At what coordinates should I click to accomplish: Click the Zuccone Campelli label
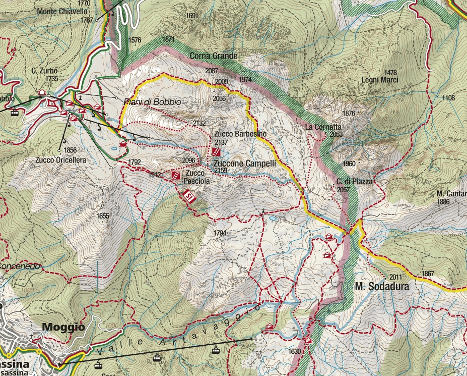click(x=244, y=164)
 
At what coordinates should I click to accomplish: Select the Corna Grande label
click(x=214, y=56)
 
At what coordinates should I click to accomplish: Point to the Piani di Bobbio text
click(x=152, y=102)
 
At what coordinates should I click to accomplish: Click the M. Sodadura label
click(x=382, y=287)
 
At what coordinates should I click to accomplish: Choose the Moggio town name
click(x=63, y=327)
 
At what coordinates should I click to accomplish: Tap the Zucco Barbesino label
click(x=240, y=134)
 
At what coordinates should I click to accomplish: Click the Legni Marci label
click(x=380, y=80)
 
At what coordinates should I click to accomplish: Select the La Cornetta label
click(x=323, y=127)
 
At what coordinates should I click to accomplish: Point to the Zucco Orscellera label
click(x=60, y=160)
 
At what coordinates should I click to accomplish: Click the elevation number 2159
click(x=221, y=171)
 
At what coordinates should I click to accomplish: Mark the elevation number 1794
click(x=220, y=233)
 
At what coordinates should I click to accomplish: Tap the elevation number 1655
click(x=103, y=216)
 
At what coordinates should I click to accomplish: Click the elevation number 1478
click(x=390, y=73)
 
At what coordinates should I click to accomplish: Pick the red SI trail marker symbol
click(x=189, y=196)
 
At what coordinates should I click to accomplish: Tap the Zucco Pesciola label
click(x=194, y=177)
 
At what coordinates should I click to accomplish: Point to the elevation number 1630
click(x=295, y=351)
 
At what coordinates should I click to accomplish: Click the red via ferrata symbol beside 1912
click(x=175, y=175)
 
